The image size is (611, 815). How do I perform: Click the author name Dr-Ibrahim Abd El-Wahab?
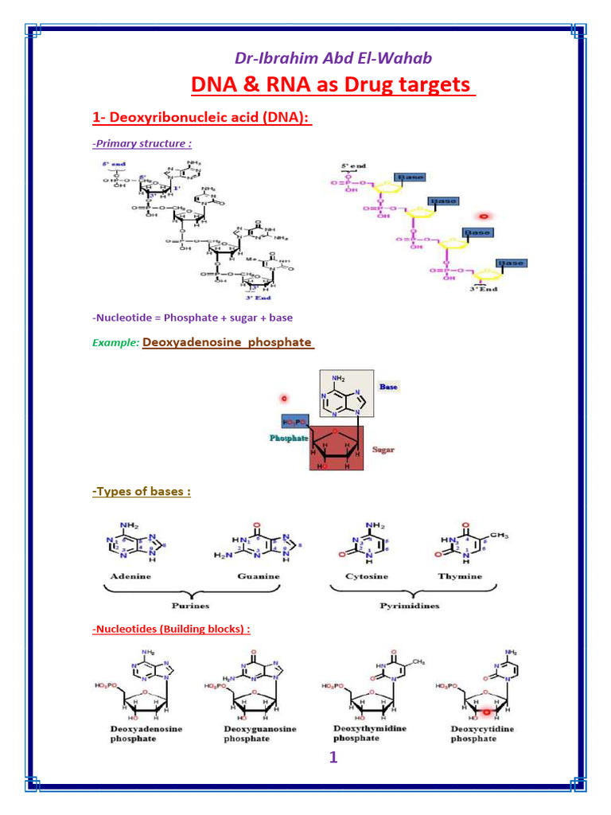[333, 58]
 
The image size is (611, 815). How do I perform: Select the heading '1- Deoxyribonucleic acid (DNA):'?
[201, 118]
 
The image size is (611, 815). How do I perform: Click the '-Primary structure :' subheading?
[142, 143]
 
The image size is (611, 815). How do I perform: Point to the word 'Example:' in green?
[115, 342]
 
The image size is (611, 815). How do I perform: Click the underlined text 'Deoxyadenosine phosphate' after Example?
[228, 342]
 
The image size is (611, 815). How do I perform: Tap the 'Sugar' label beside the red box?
[383, 450]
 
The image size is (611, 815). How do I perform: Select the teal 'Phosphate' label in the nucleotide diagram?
[289, 439]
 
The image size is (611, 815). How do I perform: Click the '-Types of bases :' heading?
[142, 491]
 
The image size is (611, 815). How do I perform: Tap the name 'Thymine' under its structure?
[459, 575]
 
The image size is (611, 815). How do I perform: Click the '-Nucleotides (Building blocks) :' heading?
[171, 629]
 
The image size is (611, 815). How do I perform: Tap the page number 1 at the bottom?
[333, 758]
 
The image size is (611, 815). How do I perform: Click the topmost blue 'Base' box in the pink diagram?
[411, 177]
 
